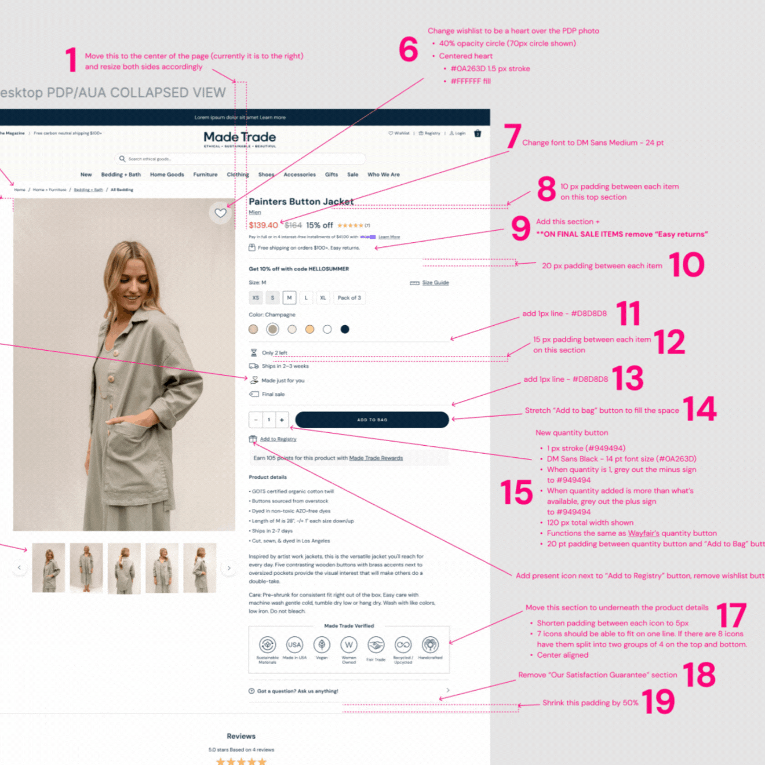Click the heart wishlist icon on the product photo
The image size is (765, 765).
[x=220, y=213]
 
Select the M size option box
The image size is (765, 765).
[x=289, y=298]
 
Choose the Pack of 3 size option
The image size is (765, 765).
[x=349, y=298]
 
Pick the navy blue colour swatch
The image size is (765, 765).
[x=345, y=329]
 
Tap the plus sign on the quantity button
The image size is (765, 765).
[x=282, y=420]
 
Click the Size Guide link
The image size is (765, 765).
[x=435, y=283]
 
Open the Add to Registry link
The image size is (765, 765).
[x=278, y=439]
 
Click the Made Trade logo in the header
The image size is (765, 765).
[x=239, y=138]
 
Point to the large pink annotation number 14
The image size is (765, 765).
[x=700, y=409]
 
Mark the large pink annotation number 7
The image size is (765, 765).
[x=512, y=137]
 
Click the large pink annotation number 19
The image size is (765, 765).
[x=658, y=702]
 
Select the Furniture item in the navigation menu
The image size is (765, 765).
[x=205, y=174]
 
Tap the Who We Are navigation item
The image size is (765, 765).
[x=383, y=174]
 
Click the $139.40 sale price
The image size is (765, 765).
[x=263, y=225]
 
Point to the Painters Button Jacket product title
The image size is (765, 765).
[x=301, y=202]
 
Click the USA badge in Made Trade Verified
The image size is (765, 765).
[x=294, y=645]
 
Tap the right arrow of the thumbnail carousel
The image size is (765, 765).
[x=229, y=568]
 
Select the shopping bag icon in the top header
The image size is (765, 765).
[x=478, y=133]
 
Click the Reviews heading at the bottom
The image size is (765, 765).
[x=241, y=736]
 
